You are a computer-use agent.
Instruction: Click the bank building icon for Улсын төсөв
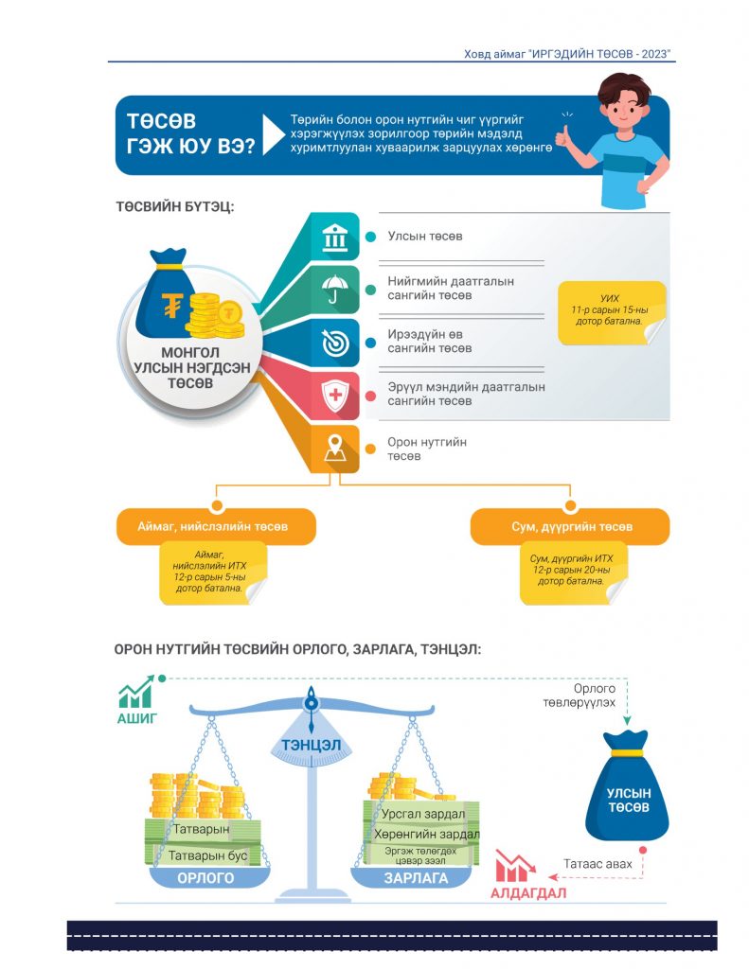[334, 238]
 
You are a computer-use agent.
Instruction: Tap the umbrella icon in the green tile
[334, 290]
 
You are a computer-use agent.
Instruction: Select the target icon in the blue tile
[335, 343]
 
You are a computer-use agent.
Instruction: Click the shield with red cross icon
[334, 396]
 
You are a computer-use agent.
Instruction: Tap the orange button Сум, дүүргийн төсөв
[570, 526]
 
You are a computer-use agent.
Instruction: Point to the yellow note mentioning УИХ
[611, 312]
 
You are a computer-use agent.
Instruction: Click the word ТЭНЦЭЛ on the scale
[312, 745]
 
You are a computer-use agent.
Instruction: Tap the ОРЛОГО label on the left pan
[206, 878]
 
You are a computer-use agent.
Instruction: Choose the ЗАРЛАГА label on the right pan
[416, 878]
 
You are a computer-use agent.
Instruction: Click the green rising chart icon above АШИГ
[136, 692]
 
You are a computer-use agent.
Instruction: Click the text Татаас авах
[597, 864]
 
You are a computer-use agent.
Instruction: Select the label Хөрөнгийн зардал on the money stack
[426, 835]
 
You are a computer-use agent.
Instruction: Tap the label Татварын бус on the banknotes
[207, 855]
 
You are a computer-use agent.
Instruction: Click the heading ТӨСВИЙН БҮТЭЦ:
[175, 206]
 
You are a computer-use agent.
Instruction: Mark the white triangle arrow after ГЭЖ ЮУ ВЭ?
[273, 134]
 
